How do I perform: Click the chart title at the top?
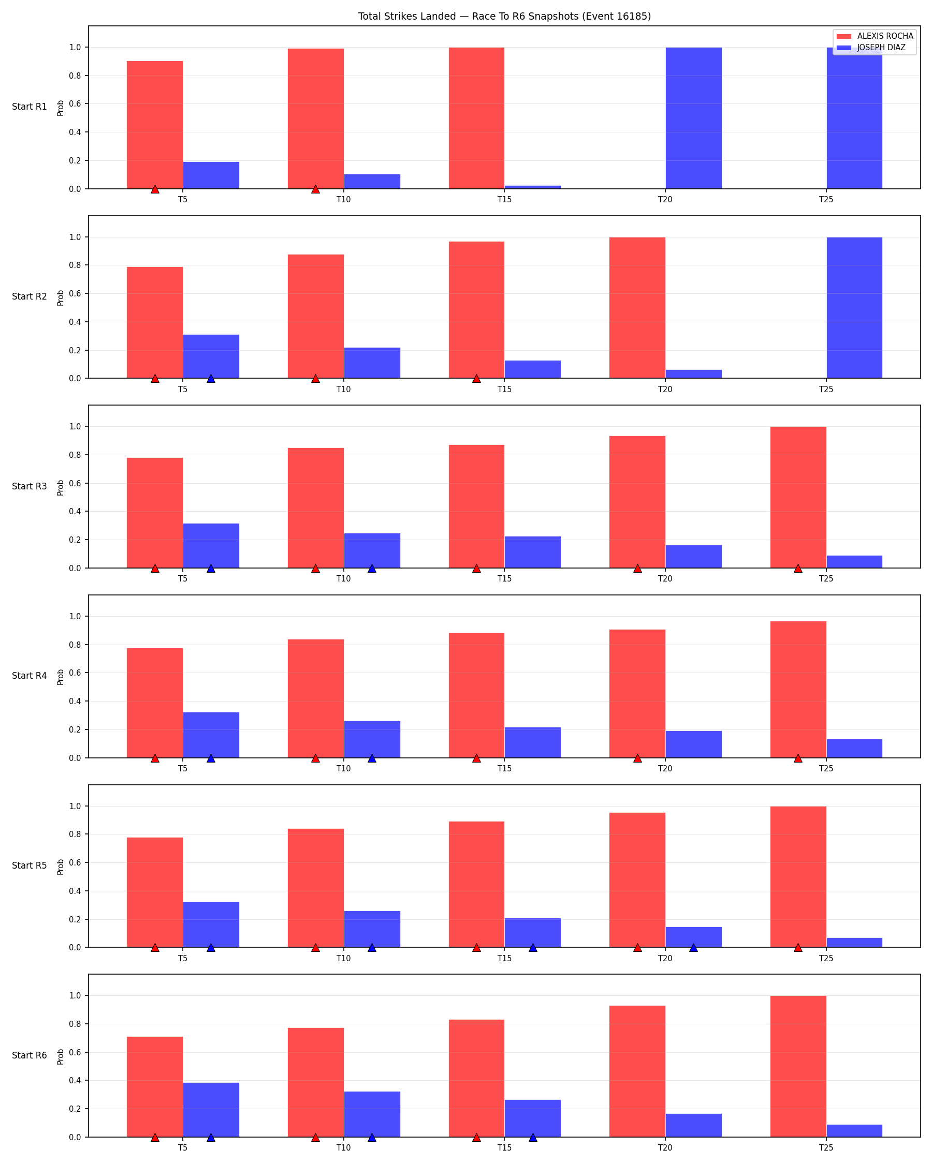point(504,16)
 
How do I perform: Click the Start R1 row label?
point(29,107)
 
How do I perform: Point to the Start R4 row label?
point(29,676)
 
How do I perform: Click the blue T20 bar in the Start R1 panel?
point(693,118)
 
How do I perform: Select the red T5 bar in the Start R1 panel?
point(154,125)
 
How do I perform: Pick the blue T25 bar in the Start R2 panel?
point(854,308)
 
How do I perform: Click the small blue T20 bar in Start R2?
point(693,374)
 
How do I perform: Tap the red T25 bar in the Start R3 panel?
point(798,497)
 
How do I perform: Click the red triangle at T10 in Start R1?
point(315,189)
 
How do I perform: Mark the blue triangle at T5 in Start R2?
point(211,379)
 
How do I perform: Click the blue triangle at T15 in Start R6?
point(533,1137)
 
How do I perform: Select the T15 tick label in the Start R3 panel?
point(504,579)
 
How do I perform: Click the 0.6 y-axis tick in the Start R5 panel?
point(75,863)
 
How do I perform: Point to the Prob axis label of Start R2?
point(61,298)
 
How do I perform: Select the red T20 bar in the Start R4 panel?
point(637,694)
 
